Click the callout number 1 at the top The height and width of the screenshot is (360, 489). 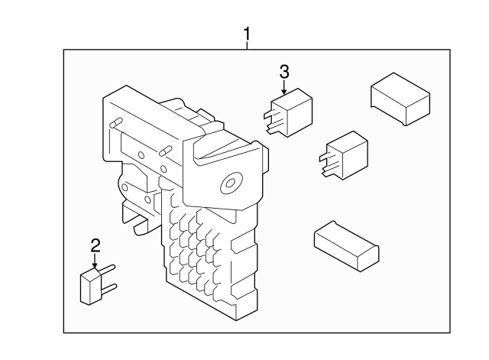pyautogui.click(x=247, y=34)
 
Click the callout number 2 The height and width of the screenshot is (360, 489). pyautogui.click(x=96, y=245)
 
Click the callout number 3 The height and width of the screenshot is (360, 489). pyautogui.click(x=284, y=72)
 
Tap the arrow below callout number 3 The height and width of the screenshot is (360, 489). pyautogui.click(x=284, y=89)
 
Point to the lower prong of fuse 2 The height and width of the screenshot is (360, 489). pyautogui.click(x=110, y=287)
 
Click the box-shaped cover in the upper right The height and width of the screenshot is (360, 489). pyautogui.click(x=400, y=98)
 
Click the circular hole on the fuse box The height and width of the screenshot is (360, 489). pyautogui.click(x=228, y=184)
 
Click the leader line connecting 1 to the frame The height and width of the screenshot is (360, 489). pyautogui.click(x=247, y=46)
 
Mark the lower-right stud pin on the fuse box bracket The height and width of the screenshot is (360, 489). pyautogui.click(x=164, y=151)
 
